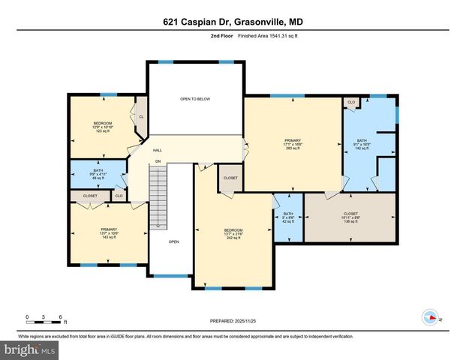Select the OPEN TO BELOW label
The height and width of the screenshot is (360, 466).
(194, 98)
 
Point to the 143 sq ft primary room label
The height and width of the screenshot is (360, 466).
(110, 233)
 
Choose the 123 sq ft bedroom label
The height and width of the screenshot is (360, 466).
(102, 127)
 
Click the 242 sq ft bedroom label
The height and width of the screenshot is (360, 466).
(233, 233)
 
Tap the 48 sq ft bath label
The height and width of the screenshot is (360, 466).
(98, 174)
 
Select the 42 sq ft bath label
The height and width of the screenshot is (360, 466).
(287, 218)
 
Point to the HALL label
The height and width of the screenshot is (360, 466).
(158, 150)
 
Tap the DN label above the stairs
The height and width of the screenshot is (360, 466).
(158, 161)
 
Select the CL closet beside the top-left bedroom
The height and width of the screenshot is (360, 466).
(140, 117)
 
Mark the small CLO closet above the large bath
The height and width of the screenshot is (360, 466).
(351, 102)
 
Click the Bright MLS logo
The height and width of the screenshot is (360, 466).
(30, 349)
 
